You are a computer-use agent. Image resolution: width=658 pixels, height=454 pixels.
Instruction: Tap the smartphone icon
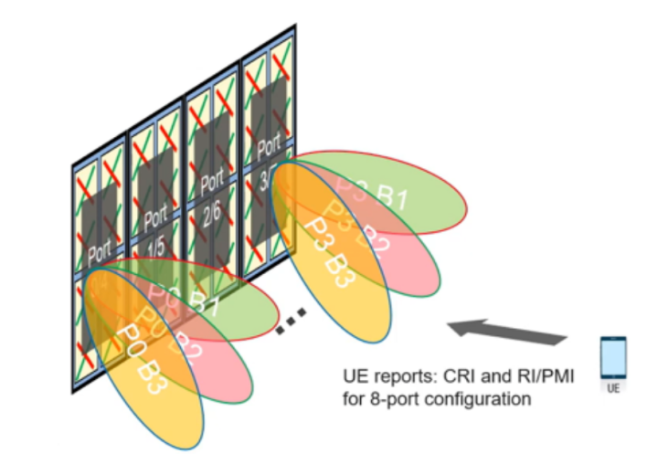tap(612, 359)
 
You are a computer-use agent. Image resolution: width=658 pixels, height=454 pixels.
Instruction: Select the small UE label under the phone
tap(612, 388)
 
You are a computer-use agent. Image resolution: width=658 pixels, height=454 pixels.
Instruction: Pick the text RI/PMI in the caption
tap(525, 377)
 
